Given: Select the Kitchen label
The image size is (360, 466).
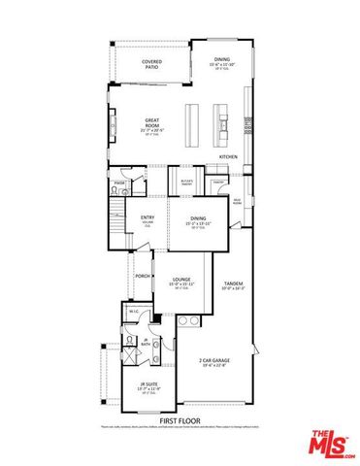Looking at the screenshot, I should click(229, 157).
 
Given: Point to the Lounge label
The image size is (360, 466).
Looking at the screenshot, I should click(180, 280).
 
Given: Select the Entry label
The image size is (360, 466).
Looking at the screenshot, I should click(147, 217).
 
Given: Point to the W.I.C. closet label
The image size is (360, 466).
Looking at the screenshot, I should click(132, 313).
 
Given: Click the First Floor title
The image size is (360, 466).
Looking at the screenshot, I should click(180, 420).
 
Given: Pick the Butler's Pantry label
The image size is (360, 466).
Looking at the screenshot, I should click(187, 181).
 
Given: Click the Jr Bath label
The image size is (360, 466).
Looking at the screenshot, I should click(145, 341).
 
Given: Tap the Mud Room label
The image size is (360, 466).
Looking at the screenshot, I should click(237, 201).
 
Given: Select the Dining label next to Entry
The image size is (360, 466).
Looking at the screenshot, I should click(198, 219).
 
